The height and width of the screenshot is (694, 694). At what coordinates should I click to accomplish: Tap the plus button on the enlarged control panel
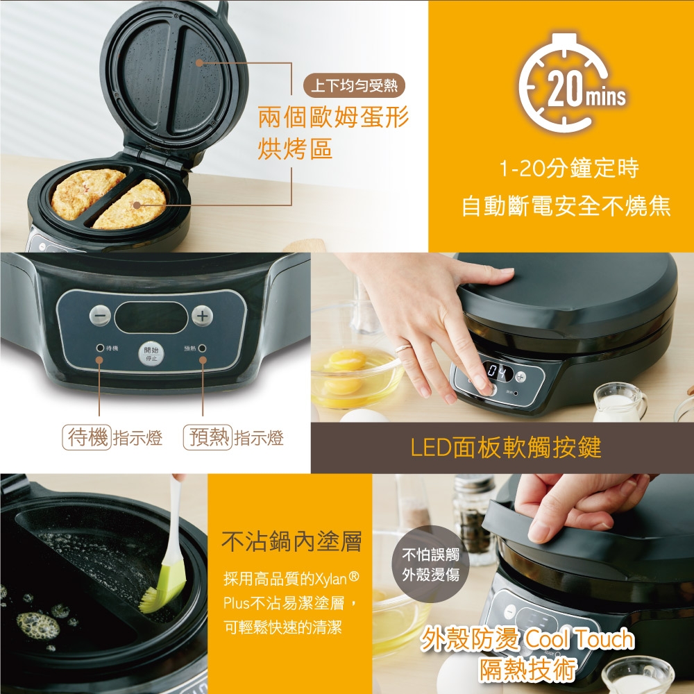tap(201, 315)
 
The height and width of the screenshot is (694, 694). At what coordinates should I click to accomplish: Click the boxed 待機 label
tap(87, 438)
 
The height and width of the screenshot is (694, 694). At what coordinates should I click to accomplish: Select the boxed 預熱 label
tap(207, 438)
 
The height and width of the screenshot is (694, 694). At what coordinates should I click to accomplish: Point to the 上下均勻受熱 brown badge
tap(353, 86)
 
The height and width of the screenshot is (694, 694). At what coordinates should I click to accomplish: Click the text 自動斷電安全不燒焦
tap(566, 207)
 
